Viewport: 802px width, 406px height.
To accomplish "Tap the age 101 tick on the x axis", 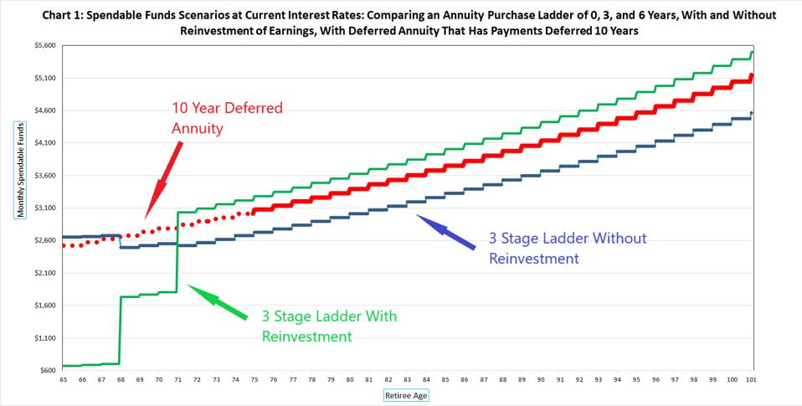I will point(751,379).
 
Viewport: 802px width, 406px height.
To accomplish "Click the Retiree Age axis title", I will point(406,395).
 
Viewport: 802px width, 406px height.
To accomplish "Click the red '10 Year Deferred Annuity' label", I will point(227,118).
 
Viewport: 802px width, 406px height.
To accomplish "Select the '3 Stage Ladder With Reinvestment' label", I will point(329,326).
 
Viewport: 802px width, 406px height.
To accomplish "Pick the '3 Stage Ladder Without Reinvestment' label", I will point(568,248).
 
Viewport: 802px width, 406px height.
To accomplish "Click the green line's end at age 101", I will point(752,53).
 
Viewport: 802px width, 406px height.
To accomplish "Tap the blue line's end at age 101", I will point(752,113).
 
